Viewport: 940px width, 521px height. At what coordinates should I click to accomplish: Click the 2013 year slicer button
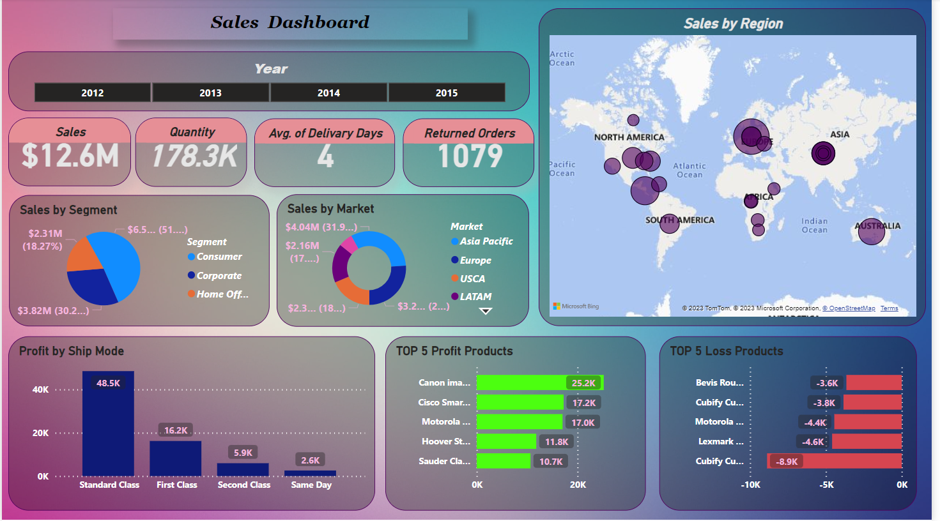point(210,93)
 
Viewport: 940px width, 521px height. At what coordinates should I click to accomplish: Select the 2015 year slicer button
point(446,93)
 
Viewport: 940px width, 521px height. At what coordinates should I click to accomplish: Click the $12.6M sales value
point(70,156)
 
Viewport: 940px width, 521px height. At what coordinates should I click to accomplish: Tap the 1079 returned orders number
point(470,156)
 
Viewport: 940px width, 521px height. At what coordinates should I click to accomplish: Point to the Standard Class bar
point(108,428)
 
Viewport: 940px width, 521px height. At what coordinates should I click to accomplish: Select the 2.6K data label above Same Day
point(311,460)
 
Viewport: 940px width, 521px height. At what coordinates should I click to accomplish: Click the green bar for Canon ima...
point(521,382)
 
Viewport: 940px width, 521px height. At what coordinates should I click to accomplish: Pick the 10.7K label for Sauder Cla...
point(551,462)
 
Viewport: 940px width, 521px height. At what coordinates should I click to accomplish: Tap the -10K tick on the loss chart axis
point(750,485)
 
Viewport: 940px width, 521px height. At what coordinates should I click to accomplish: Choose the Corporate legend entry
point(219,276)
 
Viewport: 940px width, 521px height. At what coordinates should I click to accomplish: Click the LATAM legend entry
point(475,297)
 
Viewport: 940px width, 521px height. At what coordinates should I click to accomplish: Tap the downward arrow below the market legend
point(486,311)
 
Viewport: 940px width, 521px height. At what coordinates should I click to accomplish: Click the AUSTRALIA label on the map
point(877,226)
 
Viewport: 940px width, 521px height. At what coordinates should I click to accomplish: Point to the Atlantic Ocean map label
point(689,170)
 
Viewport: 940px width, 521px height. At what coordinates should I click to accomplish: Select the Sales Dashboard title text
point(290,23)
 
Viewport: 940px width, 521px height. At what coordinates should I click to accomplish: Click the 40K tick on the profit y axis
point(40,389)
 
